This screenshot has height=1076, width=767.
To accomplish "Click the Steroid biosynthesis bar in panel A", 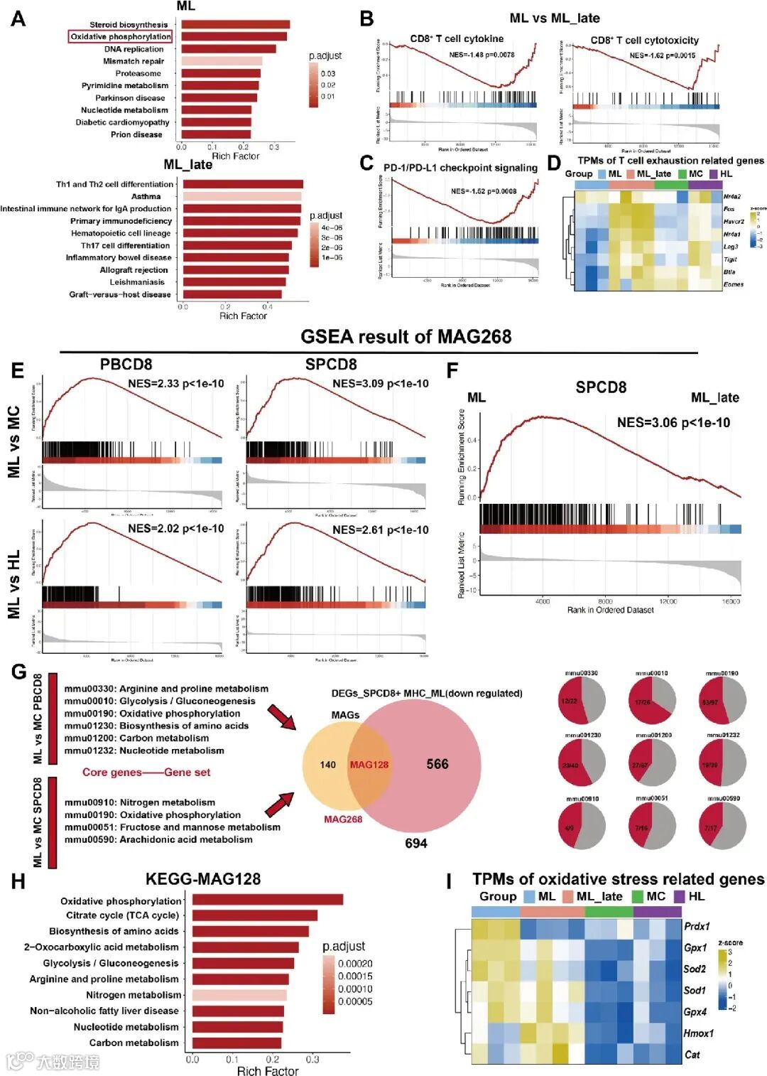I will pyautogui.click(x=235, y=25).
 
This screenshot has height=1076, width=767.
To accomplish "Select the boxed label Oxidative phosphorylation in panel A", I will pyautogui.click(x=121, y=37).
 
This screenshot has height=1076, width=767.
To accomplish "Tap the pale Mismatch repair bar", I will pyautogui.click(x=222, y=61).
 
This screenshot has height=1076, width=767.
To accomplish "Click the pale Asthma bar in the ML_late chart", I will pyautogui.click(x=242, y=196).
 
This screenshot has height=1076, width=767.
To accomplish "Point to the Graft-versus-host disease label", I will pyautogui.click(x=120, y=294).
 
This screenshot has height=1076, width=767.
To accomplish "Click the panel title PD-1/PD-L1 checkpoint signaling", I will pyautogui.click(x=460, y=168).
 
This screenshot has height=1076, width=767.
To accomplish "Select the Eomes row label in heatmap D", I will pyautogui.click(x=733, y=284).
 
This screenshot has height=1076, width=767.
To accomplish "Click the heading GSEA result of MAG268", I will pyautogui.click(x=406, y=336).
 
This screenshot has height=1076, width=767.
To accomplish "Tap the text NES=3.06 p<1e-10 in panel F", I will pyautogui.click(x=673, y=423).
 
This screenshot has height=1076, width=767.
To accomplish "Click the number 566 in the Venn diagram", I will pyautogui.click(x=437, y=764).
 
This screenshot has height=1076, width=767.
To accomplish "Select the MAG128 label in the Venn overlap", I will pyautogui.click(x=369, y=765).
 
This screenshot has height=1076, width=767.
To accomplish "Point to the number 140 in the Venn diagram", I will pyautogui.click(x=327, y=765).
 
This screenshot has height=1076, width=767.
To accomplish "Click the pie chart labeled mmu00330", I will pyautogui.click(x=582, y=701).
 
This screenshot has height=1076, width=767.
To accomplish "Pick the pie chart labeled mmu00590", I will pyautogui.click(x=722, y=827).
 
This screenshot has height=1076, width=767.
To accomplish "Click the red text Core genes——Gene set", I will pyautogui.click(x=146, y=773).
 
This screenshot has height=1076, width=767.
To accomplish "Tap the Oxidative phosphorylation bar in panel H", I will pyautogui.click(x=268, y=900).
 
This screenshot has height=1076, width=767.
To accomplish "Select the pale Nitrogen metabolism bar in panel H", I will pyautogui.click(x=239, y=995).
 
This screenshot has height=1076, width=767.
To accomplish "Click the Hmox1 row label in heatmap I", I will pyautogui.click(x=698, y=1033).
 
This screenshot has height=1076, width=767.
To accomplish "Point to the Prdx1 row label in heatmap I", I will pyautogui.click(x=697, y=927).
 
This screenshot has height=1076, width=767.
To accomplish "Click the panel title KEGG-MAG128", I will pyautogui.click(x=203, y=879).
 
